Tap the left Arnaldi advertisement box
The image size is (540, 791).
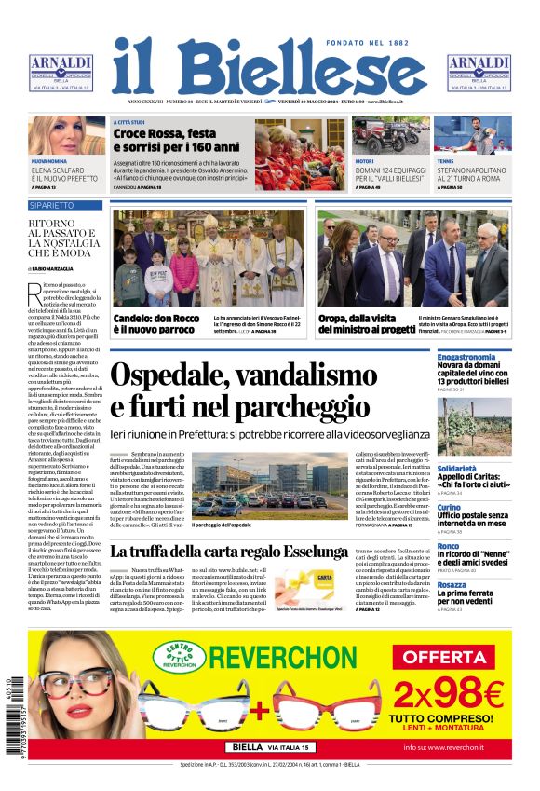pyautogui.click(x=61, y=72)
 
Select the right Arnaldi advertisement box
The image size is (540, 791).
pyautogui.click(x=479, y=72)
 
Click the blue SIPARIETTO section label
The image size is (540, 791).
pyautogui.click(x=52, y=203)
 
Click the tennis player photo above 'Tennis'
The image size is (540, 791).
pyautogui.click(x=474, y=135)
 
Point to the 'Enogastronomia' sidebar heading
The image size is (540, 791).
pyautogui.click(x=466, y=357)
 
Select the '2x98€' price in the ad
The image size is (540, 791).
pyautogui.click(x=448, y=694)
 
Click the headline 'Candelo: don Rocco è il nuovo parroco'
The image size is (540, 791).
pyautogui.click(x=155, y=323)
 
